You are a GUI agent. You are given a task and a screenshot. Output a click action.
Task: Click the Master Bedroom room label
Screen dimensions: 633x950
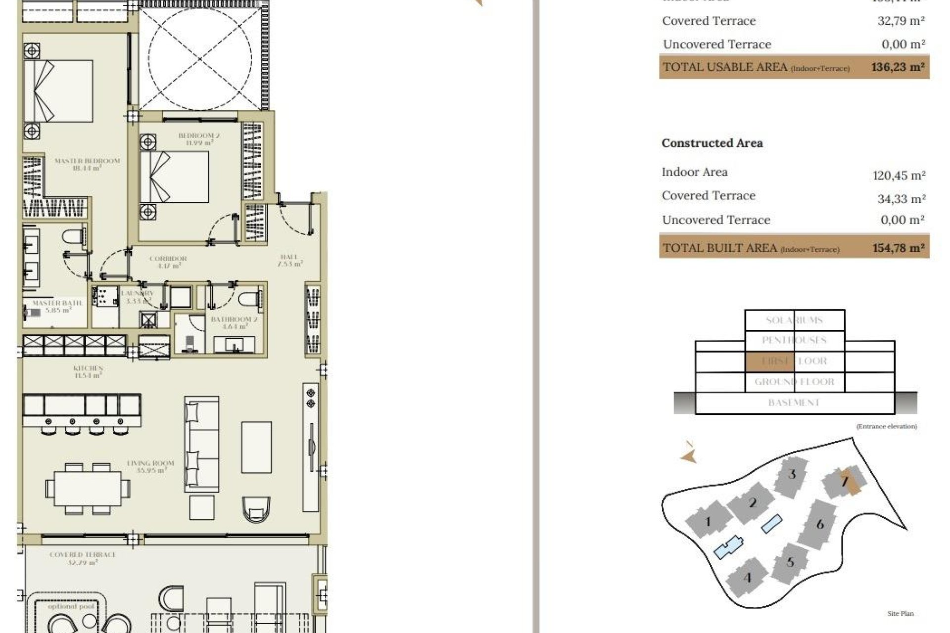tap(87, 164)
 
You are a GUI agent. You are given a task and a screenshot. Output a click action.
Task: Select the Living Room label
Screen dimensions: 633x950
tap(150, 466)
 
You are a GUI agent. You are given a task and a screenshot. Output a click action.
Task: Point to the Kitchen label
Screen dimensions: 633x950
tap(88, 371)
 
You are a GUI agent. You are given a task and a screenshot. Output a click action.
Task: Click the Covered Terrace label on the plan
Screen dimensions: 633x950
tap(83, 558)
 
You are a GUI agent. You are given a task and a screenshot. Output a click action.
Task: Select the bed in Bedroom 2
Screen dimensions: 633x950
tap(174, 177)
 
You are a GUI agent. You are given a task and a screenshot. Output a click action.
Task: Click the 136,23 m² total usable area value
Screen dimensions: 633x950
tap(898, 67)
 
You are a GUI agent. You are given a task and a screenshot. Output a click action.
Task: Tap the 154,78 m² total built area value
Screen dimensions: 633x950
tap(898, 248)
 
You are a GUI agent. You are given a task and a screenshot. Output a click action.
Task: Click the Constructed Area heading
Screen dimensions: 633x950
tap(712, 143)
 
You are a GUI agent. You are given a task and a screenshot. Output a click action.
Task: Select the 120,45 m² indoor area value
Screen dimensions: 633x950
tap(899, 176)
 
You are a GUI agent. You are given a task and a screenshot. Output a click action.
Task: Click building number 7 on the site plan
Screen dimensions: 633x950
tap(844, 481)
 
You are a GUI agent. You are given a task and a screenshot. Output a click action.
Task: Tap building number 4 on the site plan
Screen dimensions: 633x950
tap(747, 577)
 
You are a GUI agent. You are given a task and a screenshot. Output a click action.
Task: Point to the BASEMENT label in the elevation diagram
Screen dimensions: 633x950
tap(794, 403)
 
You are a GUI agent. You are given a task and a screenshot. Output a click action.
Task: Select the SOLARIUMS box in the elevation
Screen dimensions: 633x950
tap(794, 320)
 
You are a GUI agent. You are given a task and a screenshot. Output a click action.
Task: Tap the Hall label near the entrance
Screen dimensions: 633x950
tap(289, 260)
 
